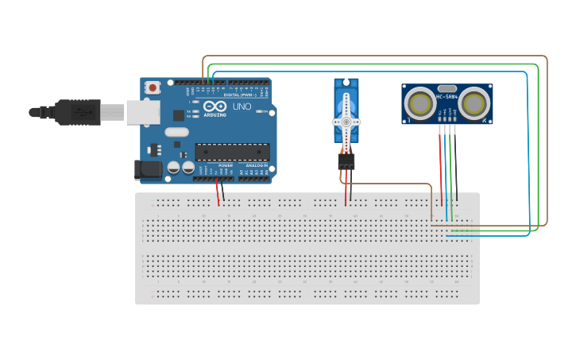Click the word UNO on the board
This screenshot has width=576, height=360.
pyautogui.click(x=242, y=106)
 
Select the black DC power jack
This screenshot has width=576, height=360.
pyautogui.click(x=149, y=168)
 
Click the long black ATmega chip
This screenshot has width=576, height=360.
pyautogui.click(x=232, y=151)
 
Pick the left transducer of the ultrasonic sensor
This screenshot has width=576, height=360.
pyautogui.click(x=420, y=103)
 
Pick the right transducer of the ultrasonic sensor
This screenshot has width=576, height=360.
pyautogui.click(x=474, y=103)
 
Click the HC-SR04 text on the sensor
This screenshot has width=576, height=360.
pyautogui.click(x=446, y=97)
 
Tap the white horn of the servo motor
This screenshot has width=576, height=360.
pyautogui.click(x=346, y=122)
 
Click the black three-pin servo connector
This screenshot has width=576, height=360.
pyautogui.click(x=346, y=161)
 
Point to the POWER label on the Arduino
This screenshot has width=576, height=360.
pyautogui.click(x=225, y=165)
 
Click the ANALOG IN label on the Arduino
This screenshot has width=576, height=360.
pyautogui.click(x=256, y=165)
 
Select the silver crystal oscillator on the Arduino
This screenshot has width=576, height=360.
pyautogui.click(x=176, y=132)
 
